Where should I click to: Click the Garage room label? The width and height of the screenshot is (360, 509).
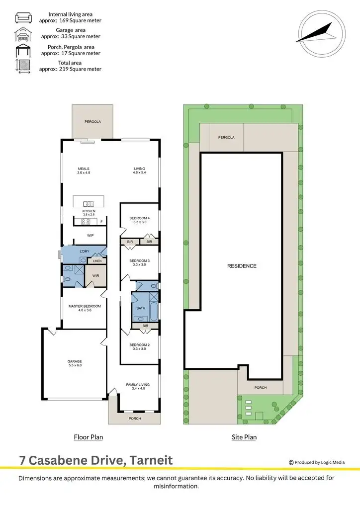point(75,361)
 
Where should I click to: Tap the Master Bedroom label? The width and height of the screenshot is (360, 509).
point(85,306)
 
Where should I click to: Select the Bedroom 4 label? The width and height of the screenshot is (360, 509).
point(139,217)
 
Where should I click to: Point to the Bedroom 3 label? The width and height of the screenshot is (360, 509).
point(139,260)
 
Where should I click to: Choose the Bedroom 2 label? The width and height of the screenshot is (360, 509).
point(139,344)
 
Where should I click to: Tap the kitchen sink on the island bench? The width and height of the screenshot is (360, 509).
point(89,203)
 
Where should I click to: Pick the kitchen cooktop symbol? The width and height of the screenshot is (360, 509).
point(85,222)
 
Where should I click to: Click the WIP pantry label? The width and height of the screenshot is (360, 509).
point(90,236)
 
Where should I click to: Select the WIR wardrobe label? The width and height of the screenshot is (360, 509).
point(96,275)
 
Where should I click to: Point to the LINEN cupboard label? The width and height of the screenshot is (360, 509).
point(97,260)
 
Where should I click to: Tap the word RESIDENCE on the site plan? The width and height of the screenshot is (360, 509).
point(242,266)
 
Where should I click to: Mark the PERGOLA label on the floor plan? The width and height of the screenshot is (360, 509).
point(92,121)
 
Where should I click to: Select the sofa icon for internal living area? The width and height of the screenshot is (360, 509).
point(23,18)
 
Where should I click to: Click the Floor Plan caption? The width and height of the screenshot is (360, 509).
point(88,437)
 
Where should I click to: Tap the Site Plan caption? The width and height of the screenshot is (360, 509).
point(244,437)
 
